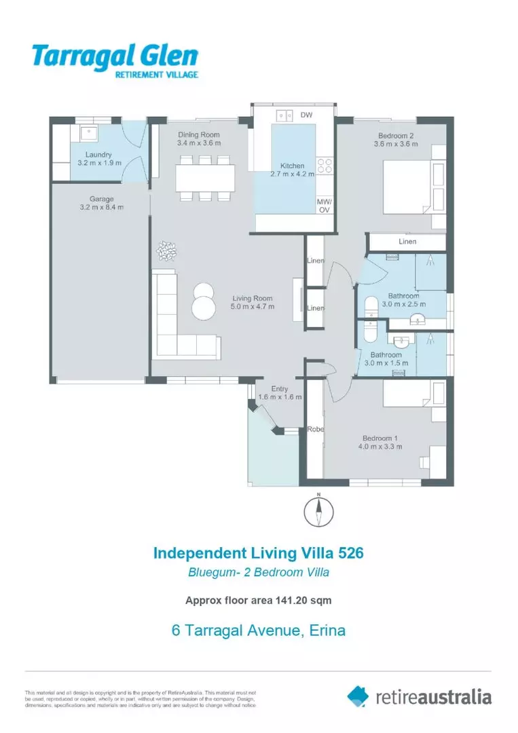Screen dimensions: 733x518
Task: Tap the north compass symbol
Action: click(318, 511)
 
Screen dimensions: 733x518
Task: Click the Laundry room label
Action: click(98, 155)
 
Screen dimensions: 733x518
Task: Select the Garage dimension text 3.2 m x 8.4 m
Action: click(102, 207)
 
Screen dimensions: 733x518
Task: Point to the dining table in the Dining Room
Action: click(204, 178)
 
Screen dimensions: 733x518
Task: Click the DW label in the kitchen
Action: click(306, 115)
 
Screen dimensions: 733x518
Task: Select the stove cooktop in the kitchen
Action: click(324, 166)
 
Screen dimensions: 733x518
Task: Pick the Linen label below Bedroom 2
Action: click(407, 242)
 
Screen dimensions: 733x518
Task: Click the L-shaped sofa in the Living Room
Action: click(180, 319)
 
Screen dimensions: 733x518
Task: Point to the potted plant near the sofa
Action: click(166, 251)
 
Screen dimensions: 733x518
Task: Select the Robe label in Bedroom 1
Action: click(314, 429)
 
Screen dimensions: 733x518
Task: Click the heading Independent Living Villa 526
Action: click(259, 552)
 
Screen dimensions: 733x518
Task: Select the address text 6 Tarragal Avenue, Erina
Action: click(259, 630)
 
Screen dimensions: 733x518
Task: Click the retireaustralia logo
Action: click(419, 696)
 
